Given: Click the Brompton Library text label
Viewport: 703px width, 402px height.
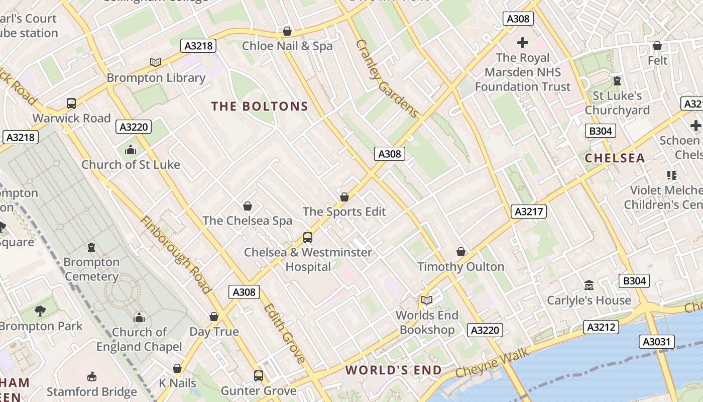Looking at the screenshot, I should [x=156, y=78].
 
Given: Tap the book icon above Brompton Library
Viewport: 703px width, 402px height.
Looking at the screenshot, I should [x=156, y=62].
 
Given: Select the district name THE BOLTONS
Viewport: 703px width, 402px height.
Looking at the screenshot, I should [x=260, y=107].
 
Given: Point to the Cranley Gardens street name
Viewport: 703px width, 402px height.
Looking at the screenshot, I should [x=387, y=78].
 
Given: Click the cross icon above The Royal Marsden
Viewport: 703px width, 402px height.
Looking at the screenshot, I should [x=523, y=43].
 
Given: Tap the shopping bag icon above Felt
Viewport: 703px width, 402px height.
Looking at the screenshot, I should [x=657, y=46].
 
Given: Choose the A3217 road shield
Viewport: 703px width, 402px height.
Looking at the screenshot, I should [x=529, y=212].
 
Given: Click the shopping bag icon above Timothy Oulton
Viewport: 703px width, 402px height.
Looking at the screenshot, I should [x=461, y=251].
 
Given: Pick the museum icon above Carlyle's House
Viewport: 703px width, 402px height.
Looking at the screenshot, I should [x=589, y=285].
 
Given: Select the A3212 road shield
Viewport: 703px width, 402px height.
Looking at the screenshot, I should [x=601, y=327].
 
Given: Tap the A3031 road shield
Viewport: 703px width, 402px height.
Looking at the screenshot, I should [x=657, y=342].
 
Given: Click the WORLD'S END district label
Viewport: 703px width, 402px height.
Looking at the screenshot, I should [x=393, y=370].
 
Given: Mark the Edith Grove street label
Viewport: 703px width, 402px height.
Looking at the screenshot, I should [x=284, y=333].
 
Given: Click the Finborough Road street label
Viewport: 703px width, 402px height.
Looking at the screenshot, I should [x=175, y=254].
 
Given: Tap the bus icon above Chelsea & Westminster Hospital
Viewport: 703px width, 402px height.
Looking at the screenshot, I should [x=308, y=237].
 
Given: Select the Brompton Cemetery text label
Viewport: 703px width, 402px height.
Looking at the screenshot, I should [x=91, y=269].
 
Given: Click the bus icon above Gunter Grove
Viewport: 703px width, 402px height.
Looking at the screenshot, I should [x=259, y=375].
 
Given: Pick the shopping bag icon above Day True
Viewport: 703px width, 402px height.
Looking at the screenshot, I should [x=214, y=317].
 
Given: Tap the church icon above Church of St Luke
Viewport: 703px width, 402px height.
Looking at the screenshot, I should [x=131, y=150].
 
